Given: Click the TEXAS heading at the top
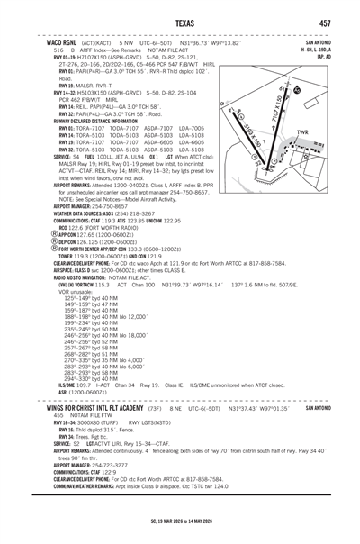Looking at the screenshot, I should coord(181,23).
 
